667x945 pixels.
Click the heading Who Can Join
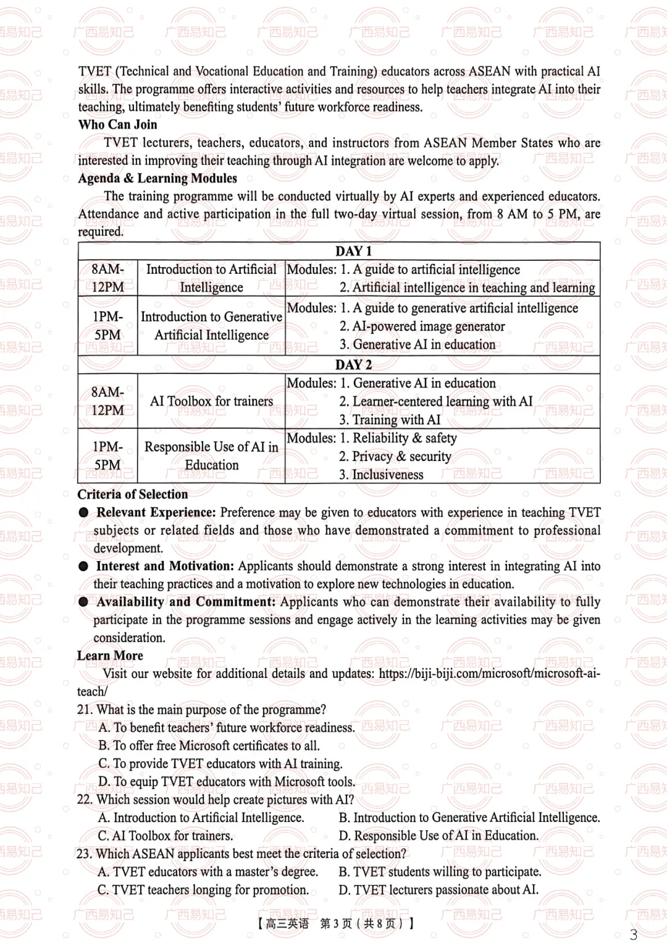pyautogui.click(x=117, y=125)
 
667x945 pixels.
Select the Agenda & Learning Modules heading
pyautogui.click(x=157, y=179)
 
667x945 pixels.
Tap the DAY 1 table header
pyautogui.click(x=353, y=251)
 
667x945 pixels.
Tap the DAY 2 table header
pyautogui.click(x=353, y=365)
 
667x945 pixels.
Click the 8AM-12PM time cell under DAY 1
pyautogui.click(x=107, y=278)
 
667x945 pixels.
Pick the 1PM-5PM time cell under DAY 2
pyautogui.click(x=107, y=456)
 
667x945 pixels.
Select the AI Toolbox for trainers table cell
pyautogui.click(x=211, y=401)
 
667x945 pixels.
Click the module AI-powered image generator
pyautogui.click(x=422, y=326)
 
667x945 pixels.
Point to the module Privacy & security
pyautogui.click(x=395, y=456)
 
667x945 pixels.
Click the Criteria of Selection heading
pyautogui.click(x=132, y=494)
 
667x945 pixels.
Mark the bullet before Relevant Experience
pyautogui.click(x=83, y=513)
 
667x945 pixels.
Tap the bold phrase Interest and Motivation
pyautogui.click(x=164, y=566)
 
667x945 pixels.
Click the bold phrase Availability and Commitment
pyautogui.click(x=185, y=602)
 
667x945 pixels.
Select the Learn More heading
pyautogui.click(x=110, y=656)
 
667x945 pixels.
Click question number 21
pyautogui.click(x=85, y=710)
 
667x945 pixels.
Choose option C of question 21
pyautogui.click(x=220, y=764)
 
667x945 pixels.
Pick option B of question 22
pyautogui.click(x=469, y=818)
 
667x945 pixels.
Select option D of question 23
pyautogui.click(x=438, y=890)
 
